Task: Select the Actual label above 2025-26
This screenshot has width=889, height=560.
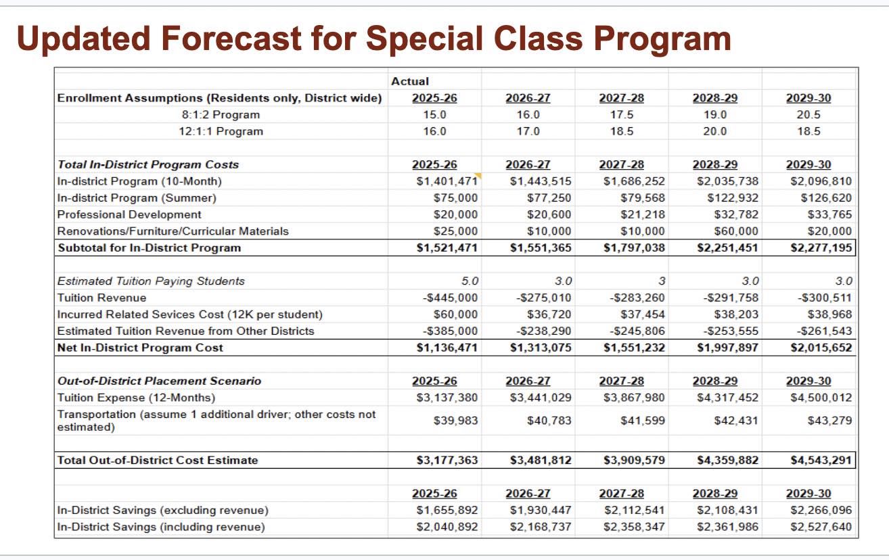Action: tap(410, 81)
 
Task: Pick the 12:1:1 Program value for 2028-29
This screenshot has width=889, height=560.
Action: tap(714, 131)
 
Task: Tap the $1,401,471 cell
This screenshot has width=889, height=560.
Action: tap(447, 181)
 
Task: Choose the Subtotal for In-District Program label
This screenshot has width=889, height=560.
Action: tap(149, 248)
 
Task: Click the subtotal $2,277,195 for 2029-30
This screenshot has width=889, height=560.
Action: tap(821, 248)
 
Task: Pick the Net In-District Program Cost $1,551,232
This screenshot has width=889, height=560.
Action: tap(634, 348)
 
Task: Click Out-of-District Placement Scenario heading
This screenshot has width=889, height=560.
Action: tap(159, 381)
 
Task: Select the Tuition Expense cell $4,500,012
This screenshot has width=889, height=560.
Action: tap(821, 398)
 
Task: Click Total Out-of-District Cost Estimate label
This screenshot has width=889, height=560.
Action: tap(158, 461)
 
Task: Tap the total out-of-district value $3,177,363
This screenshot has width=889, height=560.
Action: tap(447, 461)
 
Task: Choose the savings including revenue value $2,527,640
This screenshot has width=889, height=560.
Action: tap(821, 527)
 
